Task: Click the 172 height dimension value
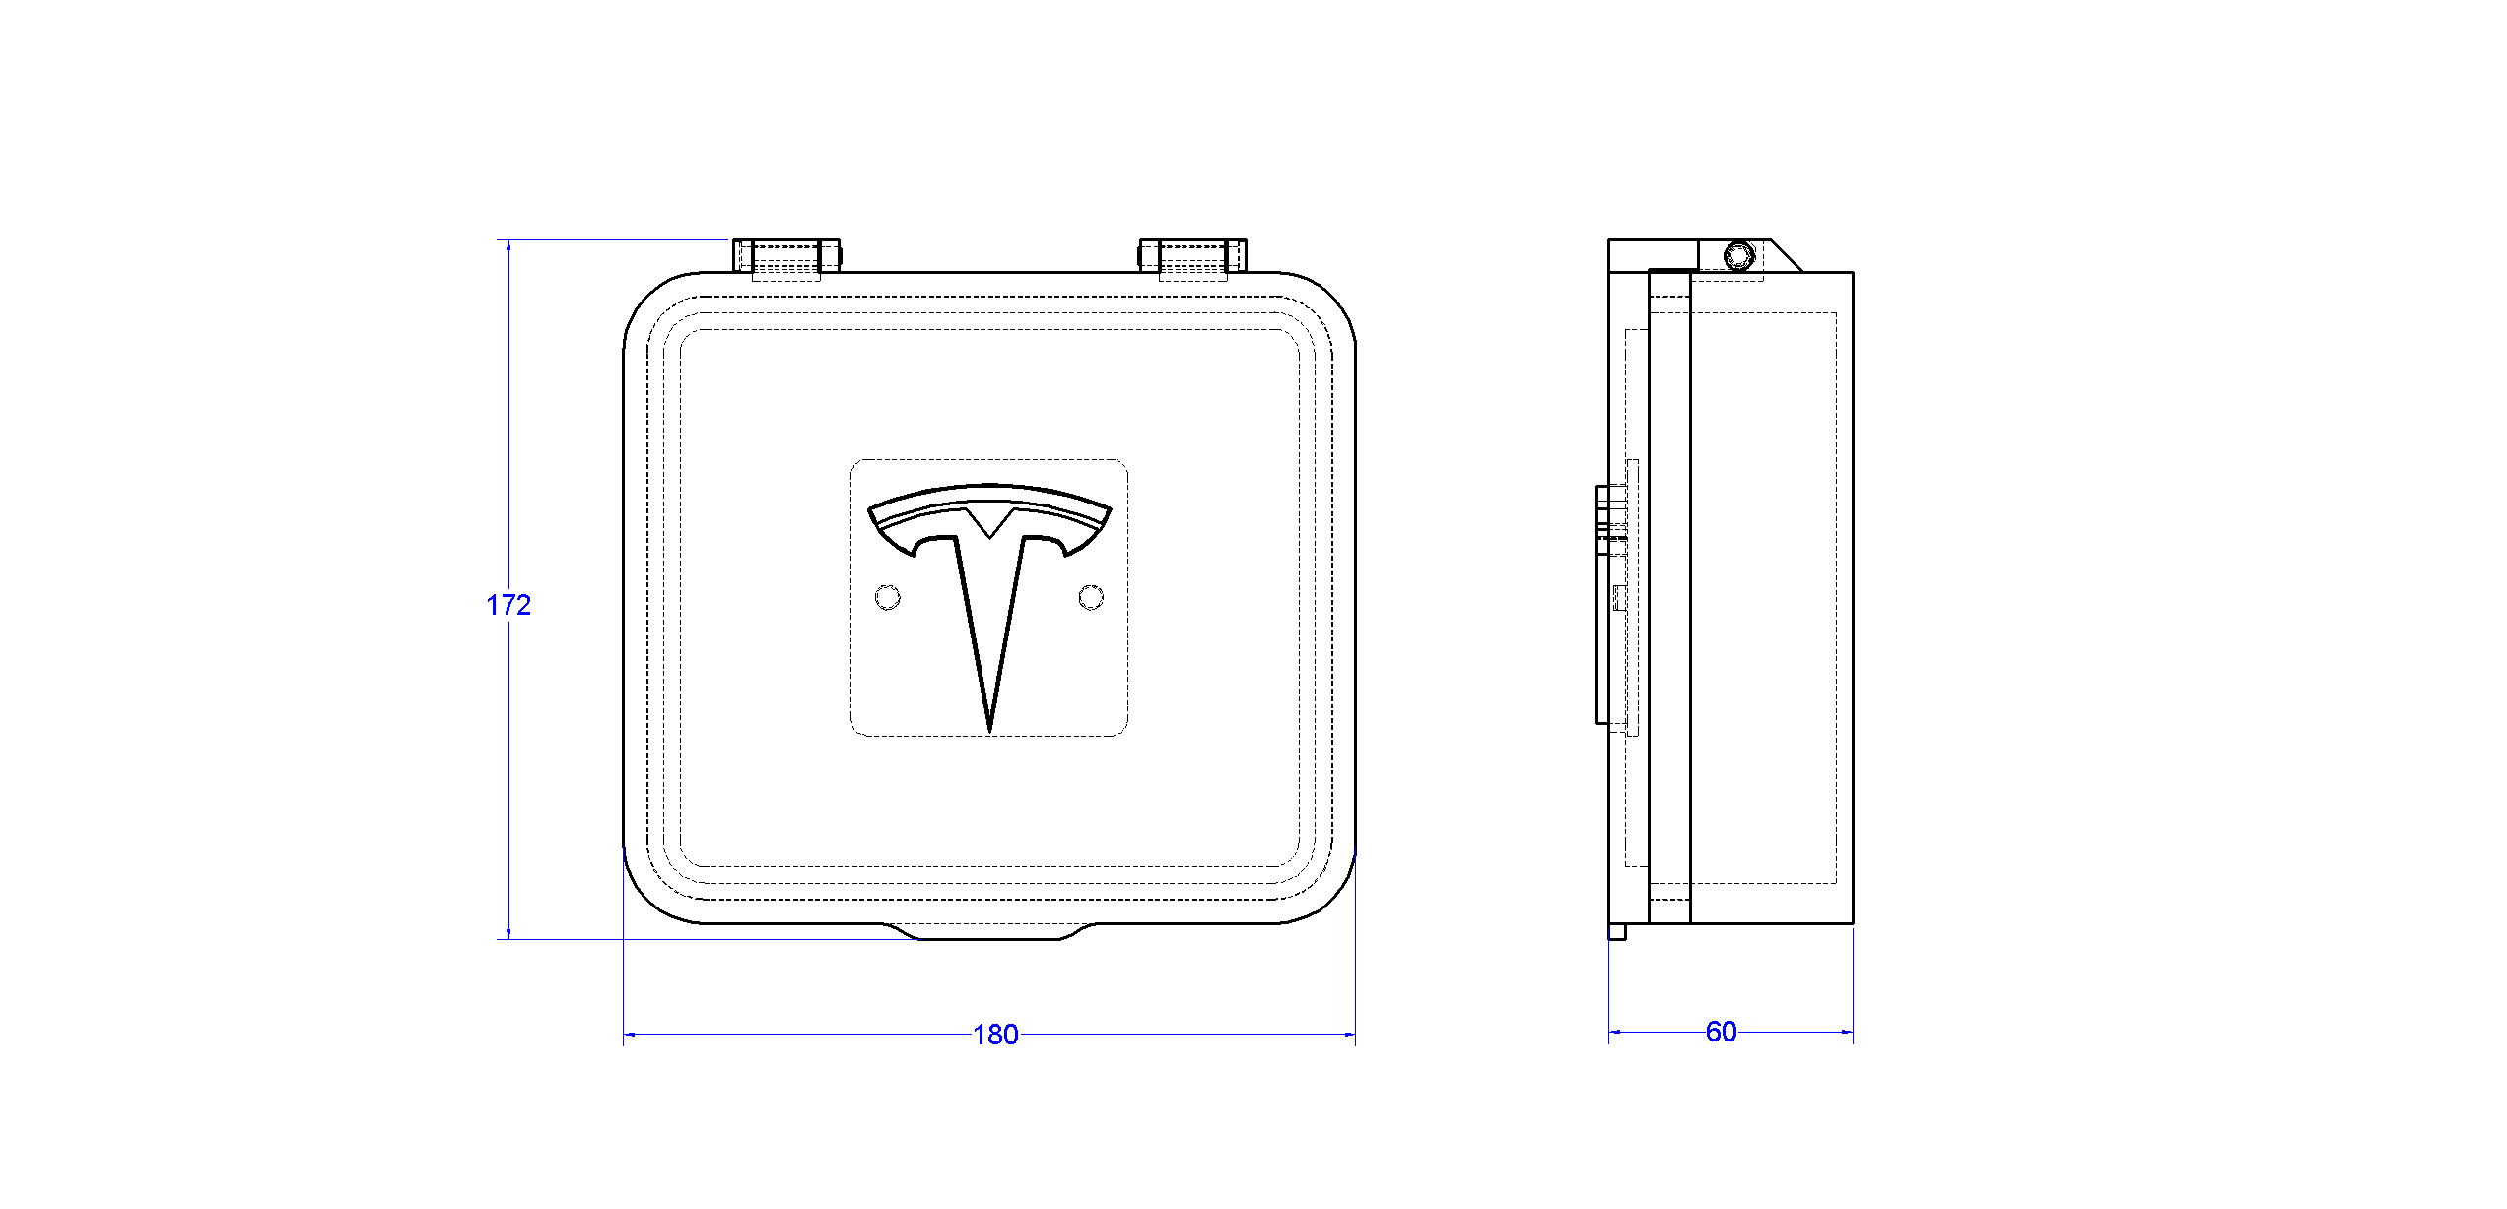508,605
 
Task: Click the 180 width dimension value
995,1035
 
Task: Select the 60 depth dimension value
1721,1032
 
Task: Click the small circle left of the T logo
887,597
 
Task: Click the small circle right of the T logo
1091,597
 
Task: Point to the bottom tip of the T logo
989,730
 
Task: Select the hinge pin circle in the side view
1739,256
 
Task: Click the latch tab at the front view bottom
989,932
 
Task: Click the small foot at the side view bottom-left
1617,931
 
